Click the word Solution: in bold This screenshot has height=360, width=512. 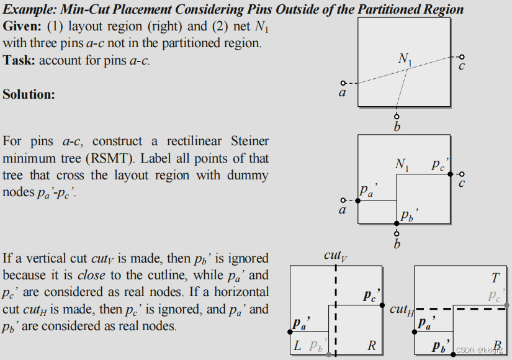click(x=29, y=94)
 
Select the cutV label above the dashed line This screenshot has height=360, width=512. click(x=336, y=255)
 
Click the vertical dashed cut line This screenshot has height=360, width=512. click(x=336, y=310)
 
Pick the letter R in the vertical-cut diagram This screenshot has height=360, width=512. click(x=372, y=346)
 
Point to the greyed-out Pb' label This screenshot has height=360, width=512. click(x=317, y=346)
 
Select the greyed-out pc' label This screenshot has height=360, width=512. click(x=495, y=295)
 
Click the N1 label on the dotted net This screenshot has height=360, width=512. click(x=405, y=60)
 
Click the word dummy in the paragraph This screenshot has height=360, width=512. click(x=247, y=175)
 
